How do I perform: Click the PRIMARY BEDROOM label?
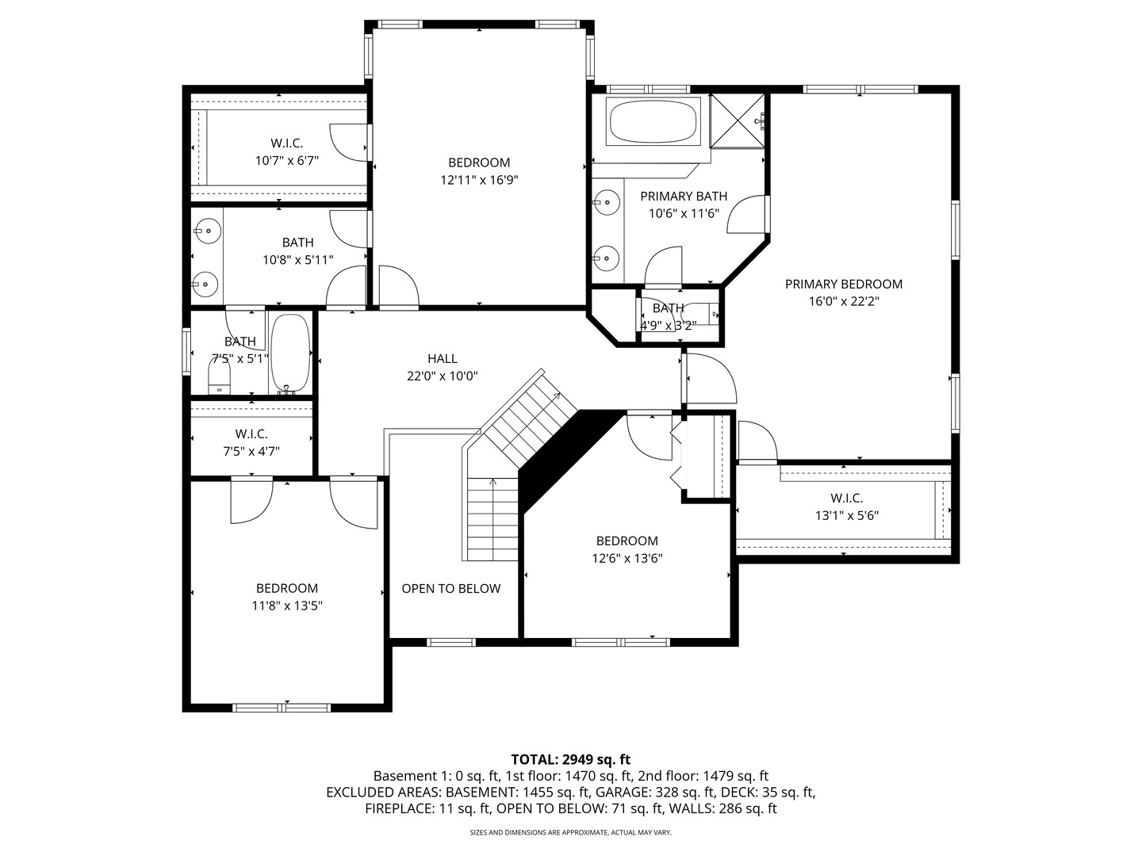tap(844, 284)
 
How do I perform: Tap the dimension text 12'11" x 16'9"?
tap(479, 180)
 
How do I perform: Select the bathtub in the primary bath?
tap(653, 120)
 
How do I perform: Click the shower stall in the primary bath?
tap(738, 120)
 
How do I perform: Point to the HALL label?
tap(443, 359)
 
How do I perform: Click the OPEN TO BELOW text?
tap(450, 588)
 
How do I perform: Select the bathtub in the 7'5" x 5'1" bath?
tap(290, 354)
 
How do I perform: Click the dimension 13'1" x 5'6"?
tap(846, 515)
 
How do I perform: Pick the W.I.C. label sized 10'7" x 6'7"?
tap(287, 143)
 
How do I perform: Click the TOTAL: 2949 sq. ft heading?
tap(570, 759)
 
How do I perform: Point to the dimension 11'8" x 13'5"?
tap(287, 606)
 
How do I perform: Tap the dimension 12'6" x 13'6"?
tap(627, 558)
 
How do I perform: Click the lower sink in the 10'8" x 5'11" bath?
tap(207, 283)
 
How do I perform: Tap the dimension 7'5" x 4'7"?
tap(251, 451)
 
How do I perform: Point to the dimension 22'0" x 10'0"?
tap(443, 376)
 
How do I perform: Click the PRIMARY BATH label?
tap(684, 196)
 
